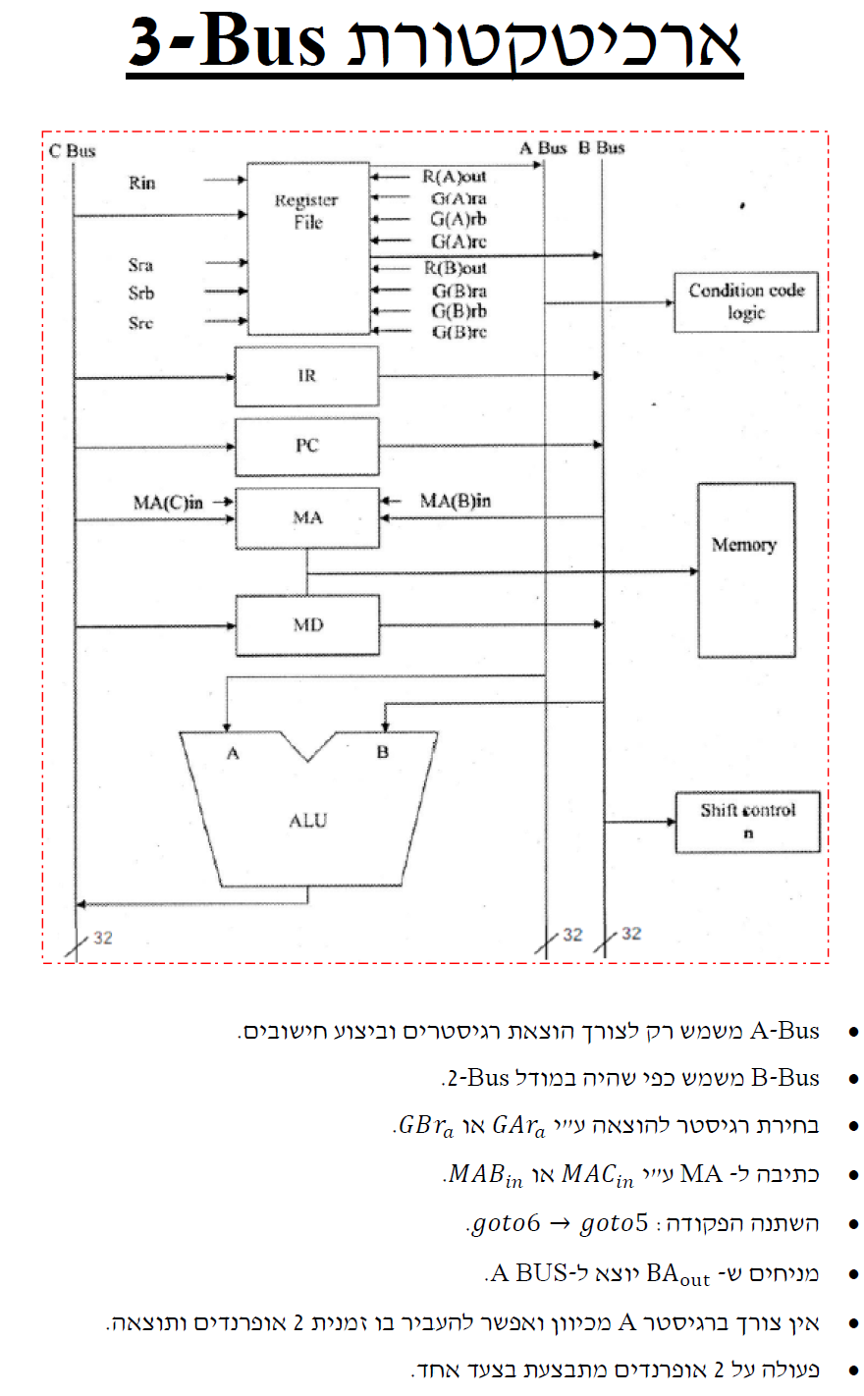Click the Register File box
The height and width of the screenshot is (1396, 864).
(307, 248)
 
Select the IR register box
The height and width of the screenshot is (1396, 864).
(306, 376)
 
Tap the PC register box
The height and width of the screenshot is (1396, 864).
(306, 446)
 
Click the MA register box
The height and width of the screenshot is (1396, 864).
(306, 517)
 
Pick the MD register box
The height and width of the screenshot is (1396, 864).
(306, 625)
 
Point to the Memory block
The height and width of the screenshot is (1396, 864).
(745, 569)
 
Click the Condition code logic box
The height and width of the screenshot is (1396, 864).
(746, 301)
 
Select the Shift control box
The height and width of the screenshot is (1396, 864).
(747, 821)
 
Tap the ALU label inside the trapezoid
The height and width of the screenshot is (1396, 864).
(307, 820)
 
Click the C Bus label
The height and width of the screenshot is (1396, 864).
(73, 150)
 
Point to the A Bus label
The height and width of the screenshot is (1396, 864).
(543, 147)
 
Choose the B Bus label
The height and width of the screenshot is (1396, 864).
(601, 147)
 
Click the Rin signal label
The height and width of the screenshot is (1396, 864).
(141, 183)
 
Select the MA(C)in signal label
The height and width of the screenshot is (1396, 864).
(168, 503)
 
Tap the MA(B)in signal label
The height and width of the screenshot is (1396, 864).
(455, 501)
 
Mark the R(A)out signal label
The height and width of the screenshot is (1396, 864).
(455, 177)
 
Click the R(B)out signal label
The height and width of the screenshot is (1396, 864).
(455, 268)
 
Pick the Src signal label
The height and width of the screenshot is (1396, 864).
(140, 323)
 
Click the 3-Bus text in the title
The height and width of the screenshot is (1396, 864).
(228, 42)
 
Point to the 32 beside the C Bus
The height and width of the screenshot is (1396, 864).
(103, 938)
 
